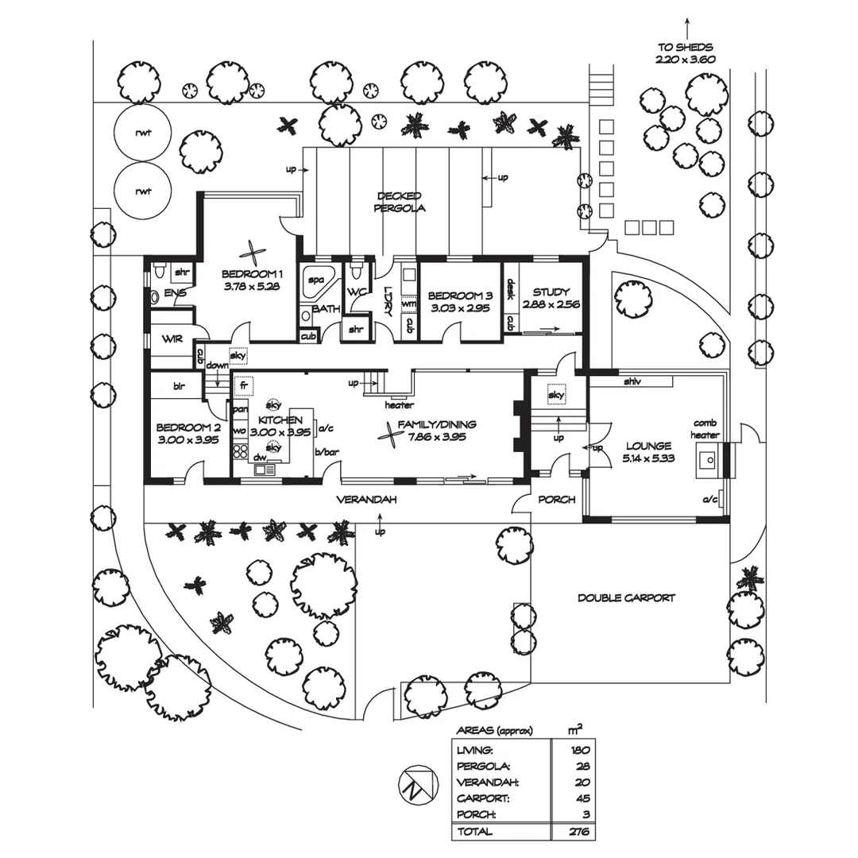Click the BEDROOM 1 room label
(x=252, y=275)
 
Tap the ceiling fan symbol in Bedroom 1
(x=253, y=253)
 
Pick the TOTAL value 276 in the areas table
(x=578, y=831)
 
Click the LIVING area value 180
(x=578, y=749)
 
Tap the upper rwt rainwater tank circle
(x=143, y=133)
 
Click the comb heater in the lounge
(x=706, y=458)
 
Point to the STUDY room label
(x=552, y=292)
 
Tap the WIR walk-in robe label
(x=172, y=338)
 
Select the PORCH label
(x=556, y=500)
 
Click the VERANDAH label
(x=365, y=500)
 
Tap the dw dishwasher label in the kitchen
(x=259, y=458)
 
